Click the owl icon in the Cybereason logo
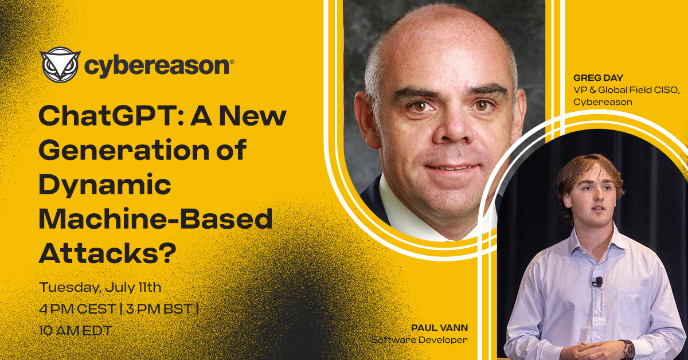coord(60,65)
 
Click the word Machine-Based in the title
coord(155,218)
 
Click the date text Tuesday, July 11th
coord(100,288)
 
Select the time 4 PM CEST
coord(77,309)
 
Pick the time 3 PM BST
coord(159,309)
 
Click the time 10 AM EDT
coord(75,331)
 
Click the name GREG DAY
coord(598,78)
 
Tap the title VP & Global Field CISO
coord(626,89)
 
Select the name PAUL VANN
coord(439,328)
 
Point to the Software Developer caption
coord(419,340)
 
